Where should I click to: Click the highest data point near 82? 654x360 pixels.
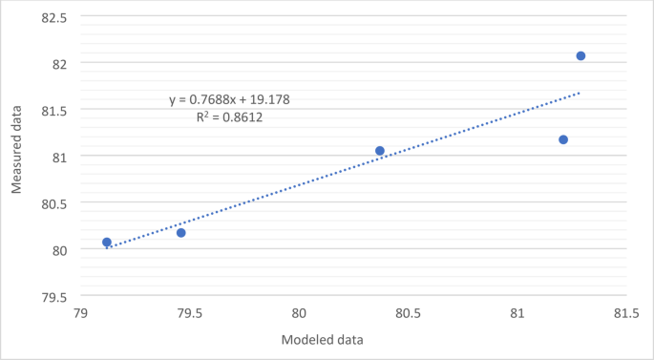580,56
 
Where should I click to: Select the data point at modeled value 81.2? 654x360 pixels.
563,140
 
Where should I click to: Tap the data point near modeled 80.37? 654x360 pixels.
380,151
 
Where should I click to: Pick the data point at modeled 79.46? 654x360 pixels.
181,233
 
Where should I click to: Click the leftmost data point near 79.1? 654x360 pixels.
107,243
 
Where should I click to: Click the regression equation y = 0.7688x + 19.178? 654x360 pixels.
229,99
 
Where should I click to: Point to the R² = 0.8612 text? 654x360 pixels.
229,117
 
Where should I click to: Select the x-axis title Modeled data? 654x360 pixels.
322,339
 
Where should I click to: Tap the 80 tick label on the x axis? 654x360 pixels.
299,313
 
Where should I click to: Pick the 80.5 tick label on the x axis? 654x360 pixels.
409,313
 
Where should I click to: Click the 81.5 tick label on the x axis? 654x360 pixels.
626,313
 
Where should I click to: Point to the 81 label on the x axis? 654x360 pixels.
517,313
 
